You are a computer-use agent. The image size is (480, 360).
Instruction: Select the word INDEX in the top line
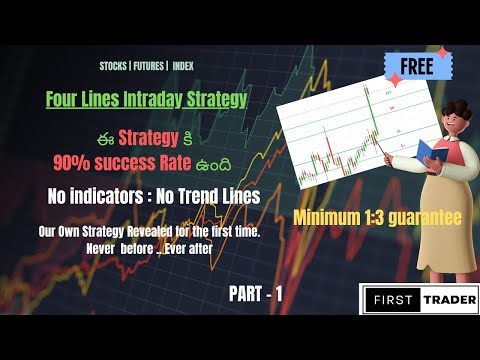(183, 66)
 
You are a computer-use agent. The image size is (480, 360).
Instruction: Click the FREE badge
(415, 67)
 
